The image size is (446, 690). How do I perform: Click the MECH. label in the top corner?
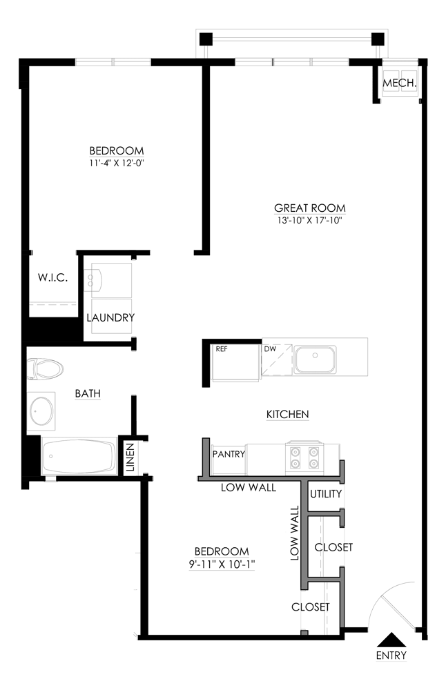[x=399, y=83]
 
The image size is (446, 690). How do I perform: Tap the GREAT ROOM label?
[x=309, y=208]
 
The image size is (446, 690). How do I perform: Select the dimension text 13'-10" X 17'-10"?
[x=309, y=221]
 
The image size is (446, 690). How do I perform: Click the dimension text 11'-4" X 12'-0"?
[x=117, y=164]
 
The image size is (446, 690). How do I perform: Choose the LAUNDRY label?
[x=110, y=318]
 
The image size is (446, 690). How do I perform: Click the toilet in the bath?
[x=45, y=368]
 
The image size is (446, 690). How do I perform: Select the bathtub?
[x=77, y=456]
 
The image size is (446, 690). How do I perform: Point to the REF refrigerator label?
[x=222, y=349]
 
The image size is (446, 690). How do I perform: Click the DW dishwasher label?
[x=270, y=349]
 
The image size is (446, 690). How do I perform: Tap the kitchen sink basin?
[x=315, y=359]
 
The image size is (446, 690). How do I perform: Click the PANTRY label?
[x=229, y=455]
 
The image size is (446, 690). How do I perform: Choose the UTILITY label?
[x=326, y=495]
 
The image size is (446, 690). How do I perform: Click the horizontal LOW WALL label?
[x=249, y=488]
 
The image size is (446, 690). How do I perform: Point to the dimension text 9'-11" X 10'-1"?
[x=221, y=564]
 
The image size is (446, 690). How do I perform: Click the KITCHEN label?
[x=287, y=415]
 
